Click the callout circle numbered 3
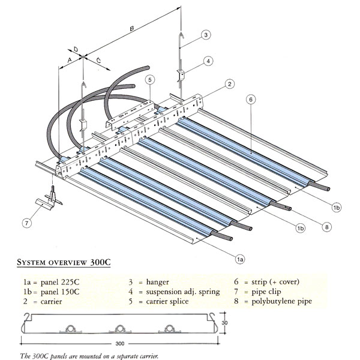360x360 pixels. (206, 35)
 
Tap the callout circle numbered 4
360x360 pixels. (208, 61)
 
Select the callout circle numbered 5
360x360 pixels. (149, 80)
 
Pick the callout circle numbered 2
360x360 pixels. (229, 84)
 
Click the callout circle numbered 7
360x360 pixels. (25, 223)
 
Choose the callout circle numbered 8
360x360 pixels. (326, 227)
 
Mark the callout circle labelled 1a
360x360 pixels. (240, 259)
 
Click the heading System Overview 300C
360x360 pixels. (64, 262)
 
